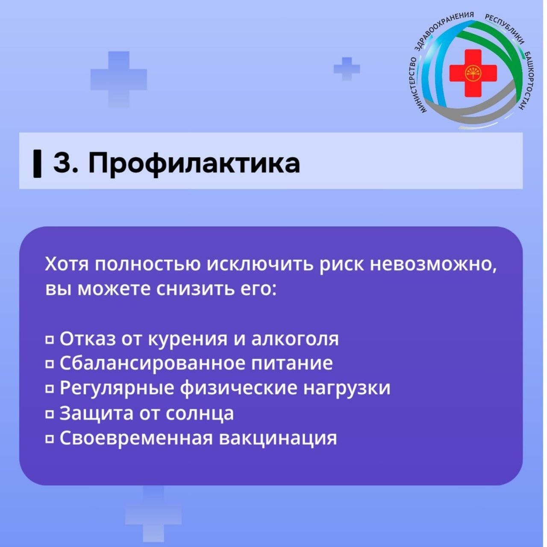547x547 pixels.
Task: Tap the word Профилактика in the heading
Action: pos(194,163)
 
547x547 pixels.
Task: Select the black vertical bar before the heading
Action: pos(38,163)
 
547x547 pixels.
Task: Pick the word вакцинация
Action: pos(278,438)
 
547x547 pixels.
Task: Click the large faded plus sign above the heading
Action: pos(118,79)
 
